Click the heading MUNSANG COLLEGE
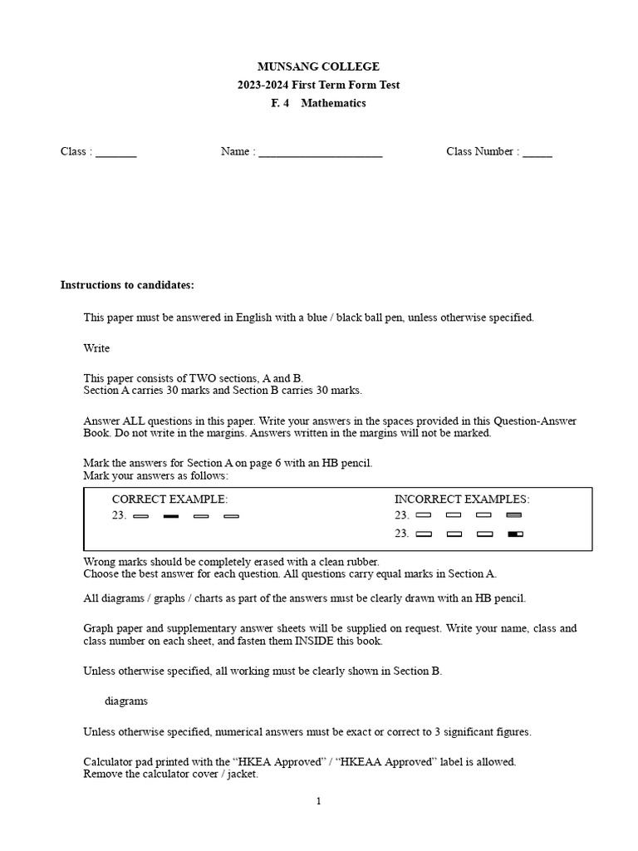tap(319, 66)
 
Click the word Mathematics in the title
tap(333, 103)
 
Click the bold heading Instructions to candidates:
tap(127, 285)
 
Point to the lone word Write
tap(96, 348)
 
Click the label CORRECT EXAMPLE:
tap(169, 499)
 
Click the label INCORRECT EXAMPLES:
tap(462, 499)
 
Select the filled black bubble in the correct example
tap(171, 516)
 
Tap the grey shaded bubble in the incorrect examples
tap(514, 515)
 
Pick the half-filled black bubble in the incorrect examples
tap(514, 534)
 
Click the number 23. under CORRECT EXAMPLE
tap(119, 516)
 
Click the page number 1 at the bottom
tap(318, 801)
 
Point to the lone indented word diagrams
tap(126, 701)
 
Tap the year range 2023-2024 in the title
tap(267, 85)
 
